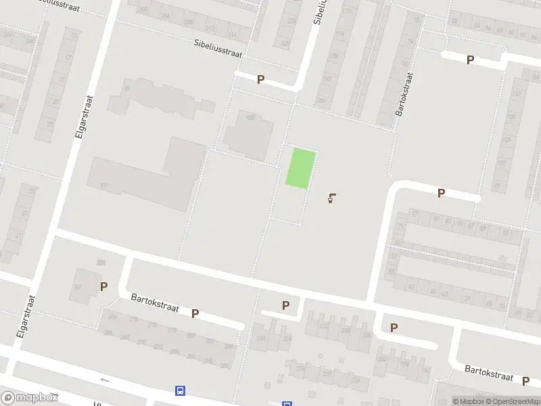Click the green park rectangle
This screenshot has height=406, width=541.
(x=300, y=168)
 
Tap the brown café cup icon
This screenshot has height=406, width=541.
(x=331, y=198)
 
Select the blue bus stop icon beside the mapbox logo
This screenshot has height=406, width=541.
(x=180, y=390)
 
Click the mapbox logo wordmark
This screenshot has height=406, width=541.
(x=30, y=398)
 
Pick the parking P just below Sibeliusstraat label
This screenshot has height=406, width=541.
(x=260, y=80)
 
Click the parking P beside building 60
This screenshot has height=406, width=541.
(x=103, y=286)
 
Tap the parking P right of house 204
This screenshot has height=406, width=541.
(x=394, y=328)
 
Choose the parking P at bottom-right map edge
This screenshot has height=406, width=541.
(x=525, y=381)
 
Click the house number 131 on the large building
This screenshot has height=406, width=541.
(x=104, y=185)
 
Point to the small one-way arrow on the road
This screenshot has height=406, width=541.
(x=105, y=380)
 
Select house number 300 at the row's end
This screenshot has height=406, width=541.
(x=225, y=365)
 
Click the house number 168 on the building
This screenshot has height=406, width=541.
(x=250, y=118)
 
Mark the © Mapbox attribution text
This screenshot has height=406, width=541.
(x=467, y=401)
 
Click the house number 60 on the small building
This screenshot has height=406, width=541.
(x=77, y=288)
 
